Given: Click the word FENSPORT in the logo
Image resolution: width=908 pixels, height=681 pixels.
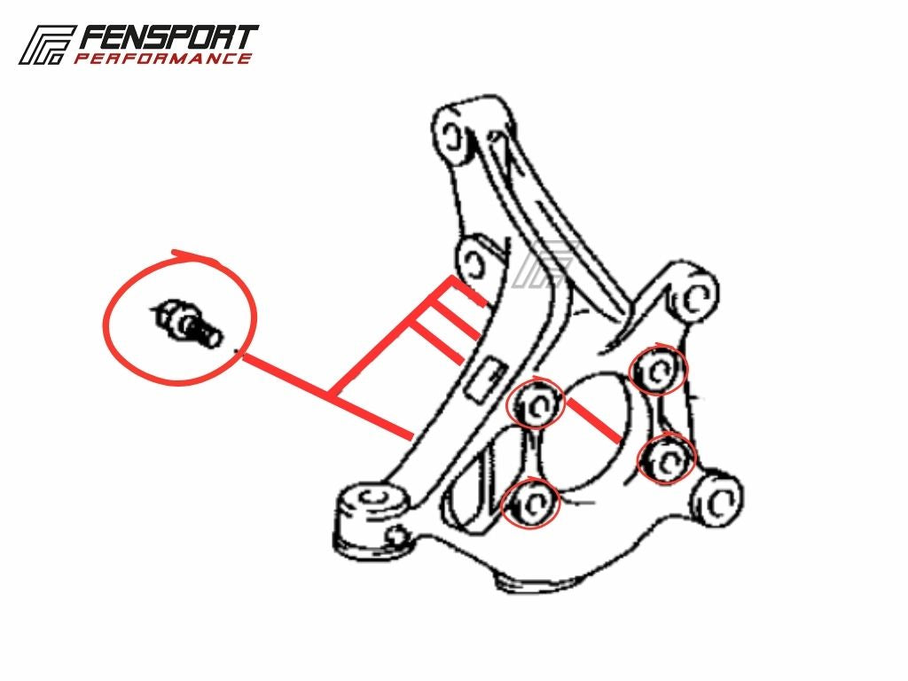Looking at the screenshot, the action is point(168,38).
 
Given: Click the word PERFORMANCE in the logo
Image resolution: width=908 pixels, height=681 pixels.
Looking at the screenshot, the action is point(163,58).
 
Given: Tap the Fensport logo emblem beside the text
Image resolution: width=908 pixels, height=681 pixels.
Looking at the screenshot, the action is point(46,44).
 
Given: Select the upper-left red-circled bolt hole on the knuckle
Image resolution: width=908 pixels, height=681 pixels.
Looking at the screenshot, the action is point(535,403).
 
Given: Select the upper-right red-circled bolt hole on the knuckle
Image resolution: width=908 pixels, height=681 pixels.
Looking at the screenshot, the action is point(658,371).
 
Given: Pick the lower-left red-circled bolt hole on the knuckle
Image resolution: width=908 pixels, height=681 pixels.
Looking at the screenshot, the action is point(531,503).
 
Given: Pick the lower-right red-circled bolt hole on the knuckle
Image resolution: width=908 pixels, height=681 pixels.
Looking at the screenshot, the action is point(667,459).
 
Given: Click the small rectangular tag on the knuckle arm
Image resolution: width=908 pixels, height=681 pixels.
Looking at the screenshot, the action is point(486,380).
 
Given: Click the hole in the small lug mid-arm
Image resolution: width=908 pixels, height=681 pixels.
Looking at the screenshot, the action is point(476,263).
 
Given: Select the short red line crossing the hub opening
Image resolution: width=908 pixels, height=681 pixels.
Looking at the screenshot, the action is point(593,419).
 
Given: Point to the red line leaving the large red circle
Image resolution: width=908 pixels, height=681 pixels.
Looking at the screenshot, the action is point(326,397).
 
